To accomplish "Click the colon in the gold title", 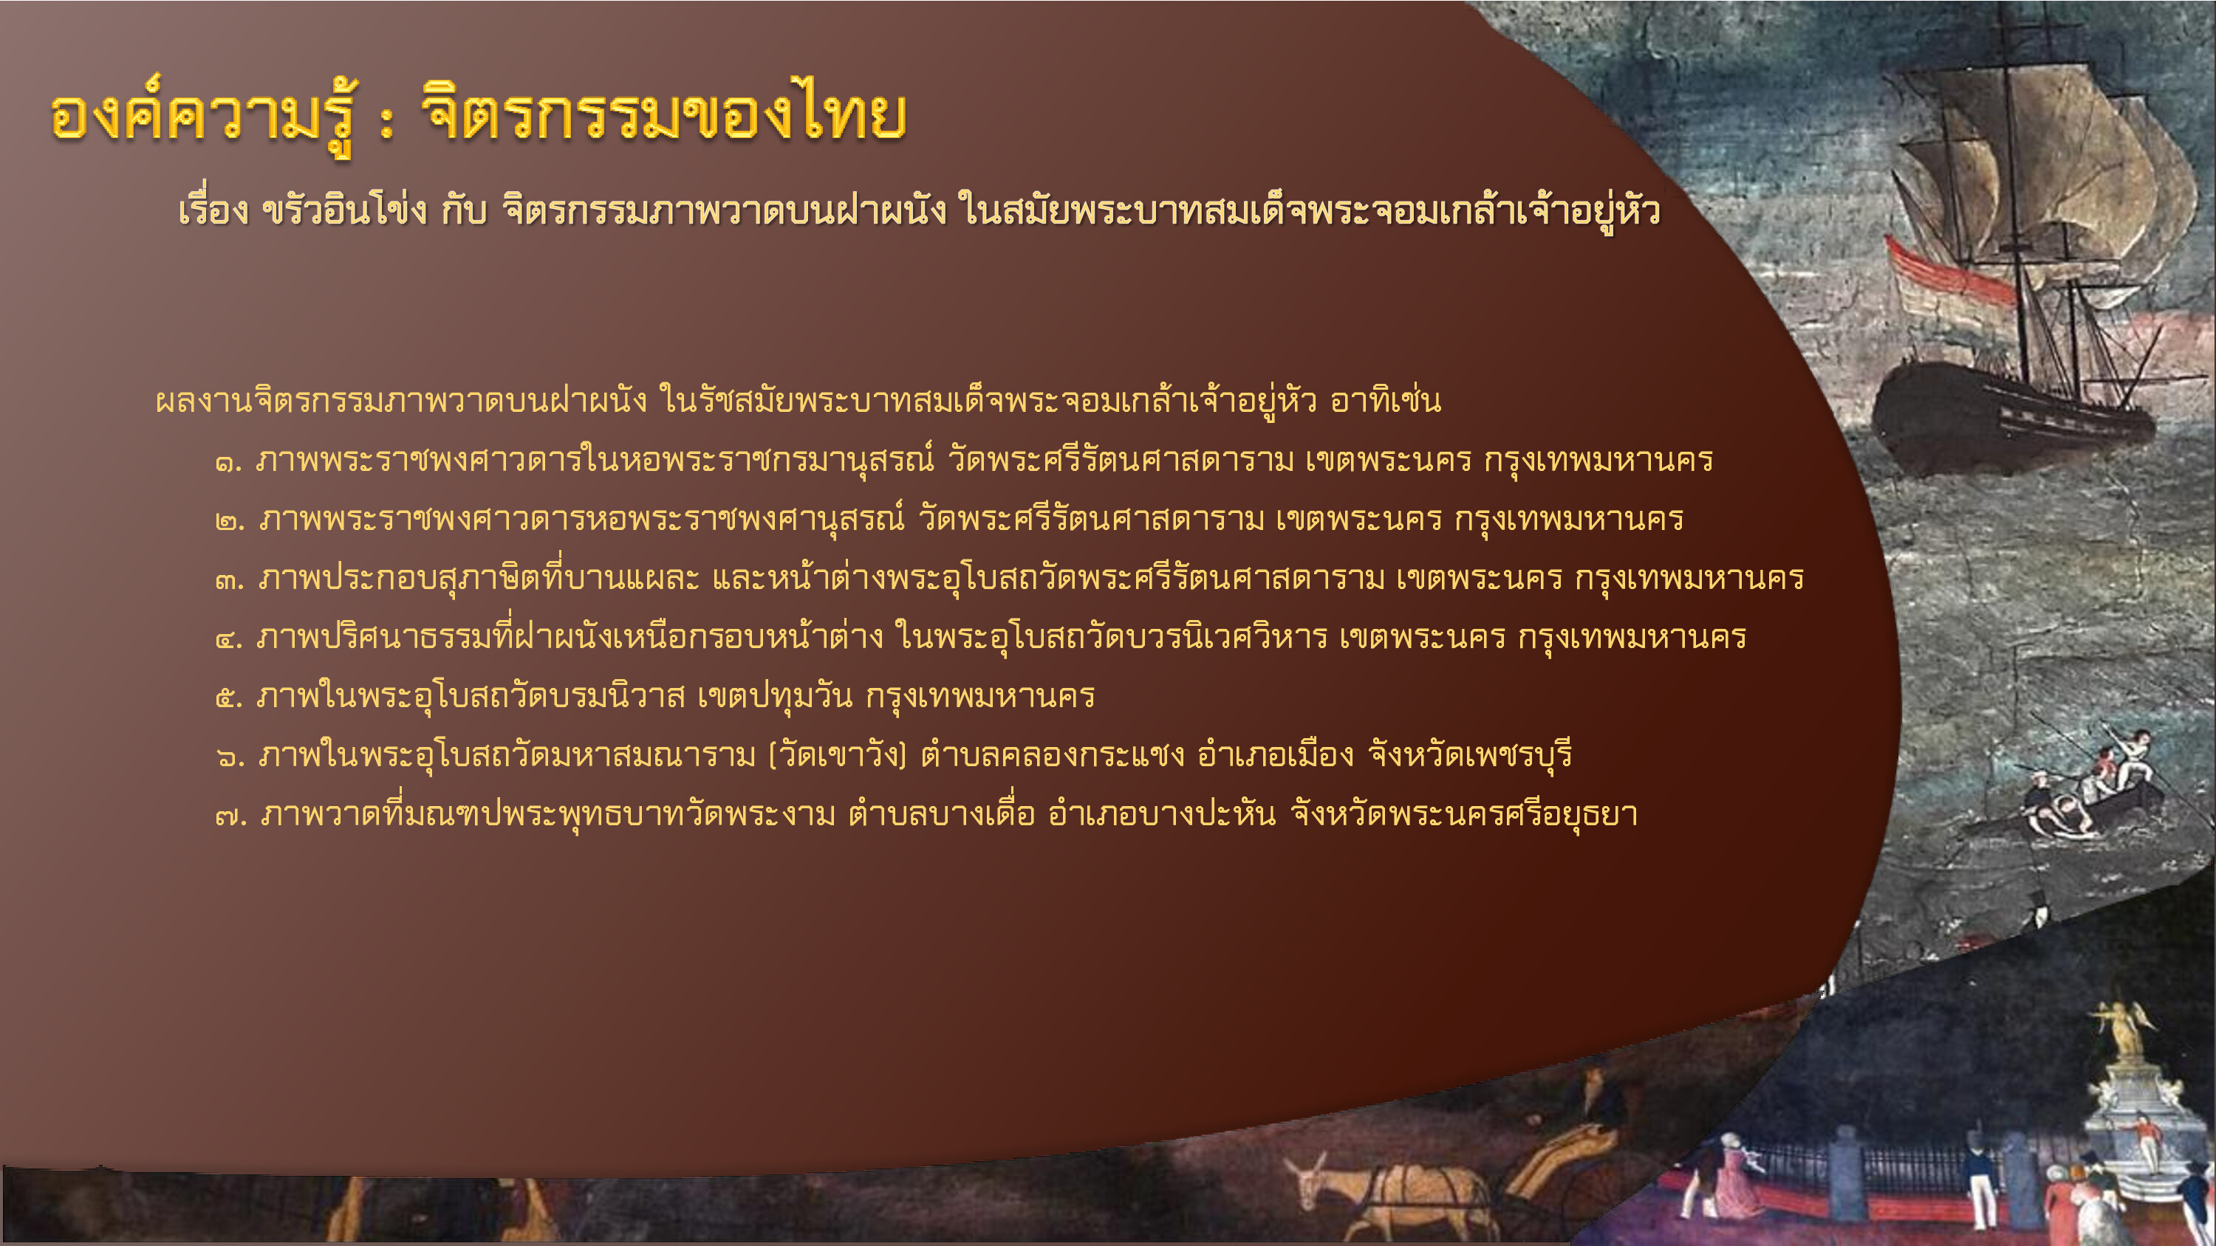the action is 386,122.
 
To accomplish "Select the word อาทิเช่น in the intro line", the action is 1385,401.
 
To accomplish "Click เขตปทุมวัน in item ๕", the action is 774,695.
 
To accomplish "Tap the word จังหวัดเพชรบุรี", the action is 1470,755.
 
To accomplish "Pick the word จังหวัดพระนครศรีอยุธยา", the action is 1463,813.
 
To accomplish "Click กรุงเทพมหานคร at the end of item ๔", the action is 1632,637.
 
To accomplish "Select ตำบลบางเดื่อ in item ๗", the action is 941,812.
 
